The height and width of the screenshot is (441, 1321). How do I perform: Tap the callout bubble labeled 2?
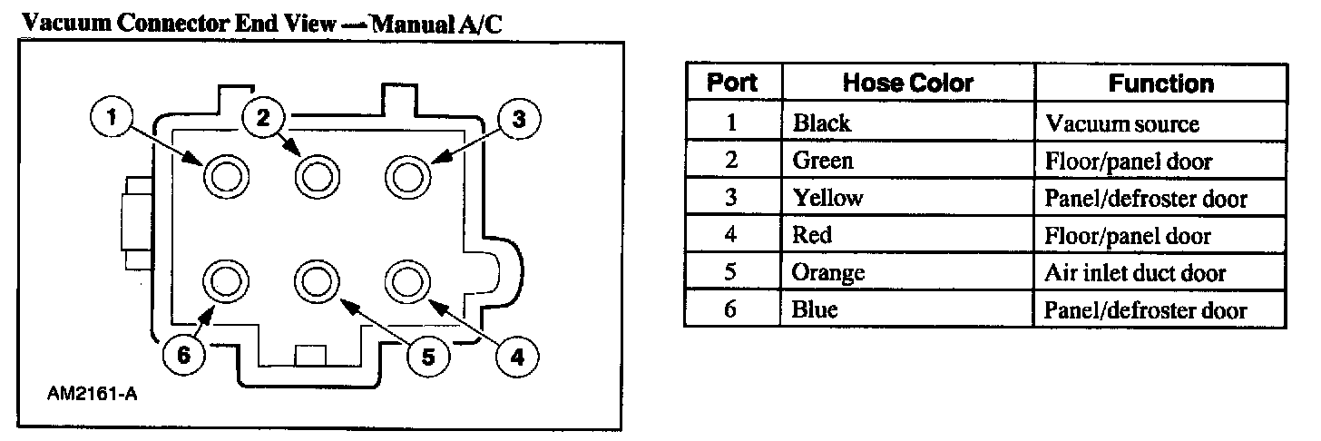click(264, 117)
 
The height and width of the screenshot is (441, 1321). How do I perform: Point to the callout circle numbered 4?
click(517, 358)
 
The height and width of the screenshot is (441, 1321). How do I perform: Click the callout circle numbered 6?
click(184, 357)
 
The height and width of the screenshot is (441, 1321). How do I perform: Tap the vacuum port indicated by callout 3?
click(407, 174)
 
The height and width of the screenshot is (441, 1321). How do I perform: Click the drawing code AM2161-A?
click(87, 396)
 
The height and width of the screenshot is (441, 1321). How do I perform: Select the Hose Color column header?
click(907, 83)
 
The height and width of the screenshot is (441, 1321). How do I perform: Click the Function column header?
click(1160, 83)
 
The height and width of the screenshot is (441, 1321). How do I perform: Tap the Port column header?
click(732, 83)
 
